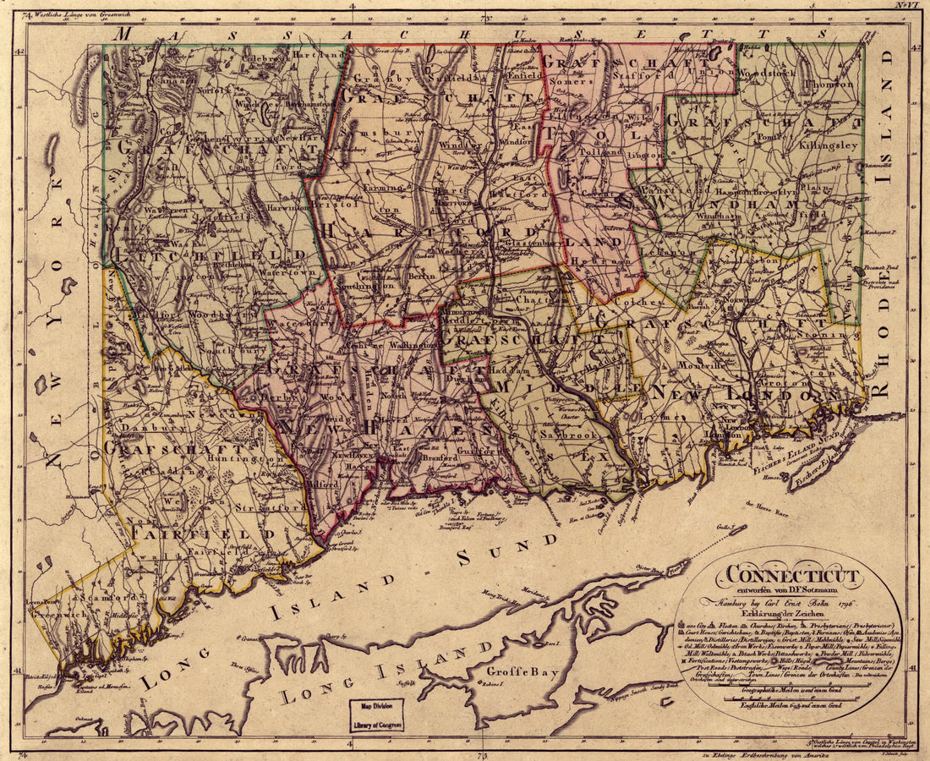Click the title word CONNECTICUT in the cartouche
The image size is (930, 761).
[x=788, y=577]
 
